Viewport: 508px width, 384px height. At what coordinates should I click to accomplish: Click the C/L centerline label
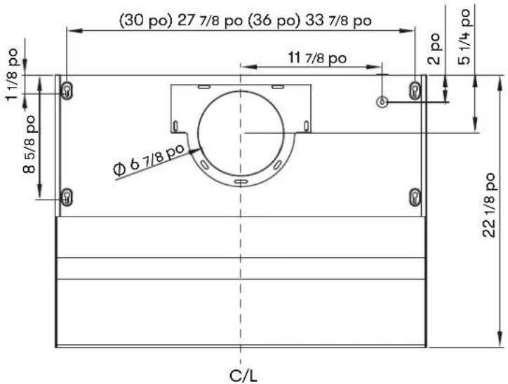click(243, 376)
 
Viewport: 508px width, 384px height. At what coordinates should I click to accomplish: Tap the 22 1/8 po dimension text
click(489, 205)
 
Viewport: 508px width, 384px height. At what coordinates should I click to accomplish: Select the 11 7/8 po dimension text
click(317, 58)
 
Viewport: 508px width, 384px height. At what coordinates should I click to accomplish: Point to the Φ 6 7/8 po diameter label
click(149, 159)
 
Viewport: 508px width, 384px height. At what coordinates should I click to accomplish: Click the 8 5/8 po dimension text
click(29, 144)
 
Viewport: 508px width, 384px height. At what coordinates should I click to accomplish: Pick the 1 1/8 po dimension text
click(13, 74)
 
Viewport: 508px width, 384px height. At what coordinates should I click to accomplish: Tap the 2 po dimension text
click(434, 48)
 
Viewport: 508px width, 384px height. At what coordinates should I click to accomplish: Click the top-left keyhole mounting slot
click(67, 90)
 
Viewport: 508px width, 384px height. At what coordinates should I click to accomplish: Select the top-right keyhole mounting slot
click(415, 90)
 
